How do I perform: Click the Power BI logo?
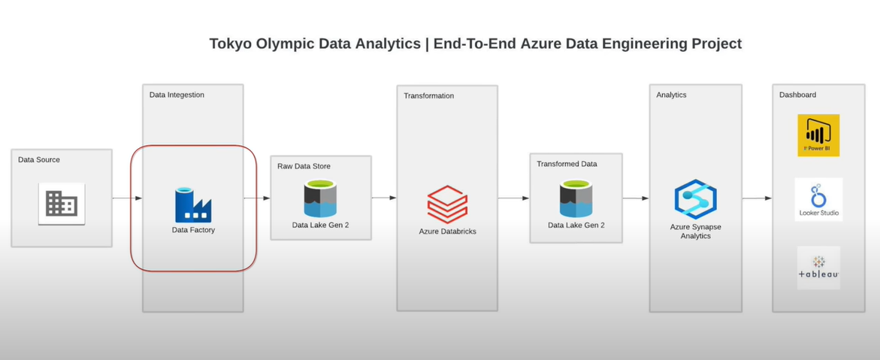[818, 135]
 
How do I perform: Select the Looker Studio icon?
[818, 198]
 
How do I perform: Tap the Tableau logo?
[818, 268]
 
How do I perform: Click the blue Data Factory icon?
[193, 205]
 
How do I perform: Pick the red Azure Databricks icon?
[447, 204]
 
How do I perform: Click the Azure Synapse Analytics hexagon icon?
[695, 199]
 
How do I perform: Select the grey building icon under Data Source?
[62, 204]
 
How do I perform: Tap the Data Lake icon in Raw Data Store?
[320, 199]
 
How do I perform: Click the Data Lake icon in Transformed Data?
[576, 199]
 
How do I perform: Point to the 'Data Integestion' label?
[177, 95]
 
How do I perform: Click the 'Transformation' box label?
[428, 95]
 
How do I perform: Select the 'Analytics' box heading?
[671, 95]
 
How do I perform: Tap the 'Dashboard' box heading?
[797, 95]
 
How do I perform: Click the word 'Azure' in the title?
[542, 44]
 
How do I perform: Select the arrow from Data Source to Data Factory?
[127, 198]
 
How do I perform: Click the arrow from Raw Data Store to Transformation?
[383, 198]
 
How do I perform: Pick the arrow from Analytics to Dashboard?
[757, 198]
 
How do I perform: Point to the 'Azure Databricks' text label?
[447, 231]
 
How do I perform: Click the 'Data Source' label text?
[39, 159]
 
